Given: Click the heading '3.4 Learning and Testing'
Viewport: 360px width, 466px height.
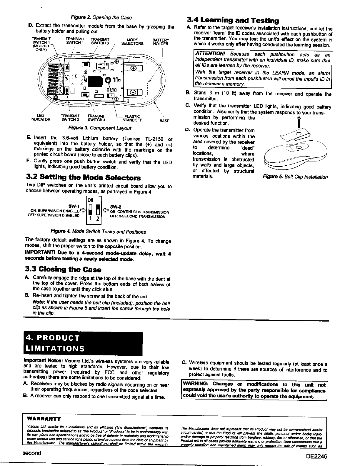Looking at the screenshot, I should pyautogui.click(x=233, y=20).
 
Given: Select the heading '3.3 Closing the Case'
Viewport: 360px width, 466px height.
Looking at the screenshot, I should pyautogui.click(x=64, y=269).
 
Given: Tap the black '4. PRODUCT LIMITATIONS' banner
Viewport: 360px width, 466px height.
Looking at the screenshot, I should pyautogui.click(x=83, y=343).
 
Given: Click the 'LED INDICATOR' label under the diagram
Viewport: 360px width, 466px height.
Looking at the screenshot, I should pyautogui.click(x=41, y=118).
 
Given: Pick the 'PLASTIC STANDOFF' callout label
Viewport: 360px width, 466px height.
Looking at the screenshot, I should pyautogui.click(x=132, y=118).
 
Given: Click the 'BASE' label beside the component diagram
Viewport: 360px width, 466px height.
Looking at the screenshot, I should pyautogui.click(x=164, y=121).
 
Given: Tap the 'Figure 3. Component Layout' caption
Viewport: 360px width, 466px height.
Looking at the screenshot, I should pyautogui.click(x=99, y=128).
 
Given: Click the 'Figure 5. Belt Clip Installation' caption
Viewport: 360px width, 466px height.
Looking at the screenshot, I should pyautogui.click(x=295, y=177).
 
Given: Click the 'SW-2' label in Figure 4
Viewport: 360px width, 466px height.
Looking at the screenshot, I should pyautogui.click(x=114, y=207).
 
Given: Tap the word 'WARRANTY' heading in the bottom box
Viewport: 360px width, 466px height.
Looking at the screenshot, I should pyautogui.click(x=44, y=419).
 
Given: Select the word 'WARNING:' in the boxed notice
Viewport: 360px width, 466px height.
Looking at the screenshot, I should pyautogui.click(x=196, y=384).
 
